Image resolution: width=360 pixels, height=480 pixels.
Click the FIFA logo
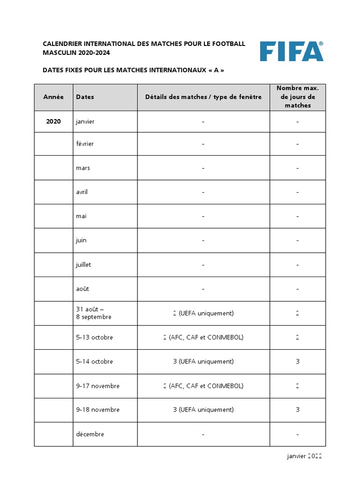tap(292, 51)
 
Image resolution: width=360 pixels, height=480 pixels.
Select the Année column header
tap(53, 97)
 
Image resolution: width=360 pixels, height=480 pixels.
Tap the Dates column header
tap(85, 97)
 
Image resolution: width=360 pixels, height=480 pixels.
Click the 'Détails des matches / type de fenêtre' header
tap(203, 97)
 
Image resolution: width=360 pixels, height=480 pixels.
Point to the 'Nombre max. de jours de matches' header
tap(298, 97)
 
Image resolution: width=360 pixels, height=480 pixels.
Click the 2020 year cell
tap(53, 121)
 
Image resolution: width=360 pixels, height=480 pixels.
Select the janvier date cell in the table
tap(85, 122)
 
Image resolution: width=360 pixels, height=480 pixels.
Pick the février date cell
tap(85, 144)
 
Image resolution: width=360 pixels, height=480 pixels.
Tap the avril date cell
tap(82, 192)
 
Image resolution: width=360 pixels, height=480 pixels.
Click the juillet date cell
tap(83, 265)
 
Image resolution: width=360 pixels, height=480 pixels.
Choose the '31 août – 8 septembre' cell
tap(94, 313)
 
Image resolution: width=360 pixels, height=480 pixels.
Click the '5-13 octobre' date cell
tap(94, 337)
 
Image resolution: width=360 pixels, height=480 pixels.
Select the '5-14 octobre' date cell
tap(94, 362)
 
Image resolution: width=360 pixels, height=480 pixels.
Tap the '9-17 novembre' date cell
tap(97, 386)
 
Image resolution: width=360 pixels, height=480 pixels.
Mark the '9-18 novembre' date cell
tap(97, 410)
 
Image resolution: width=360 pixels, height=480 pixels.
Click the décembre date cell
tap(90, 434)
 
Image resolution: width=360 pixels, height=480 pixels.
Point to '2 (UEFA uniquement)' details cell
tap(203, 313)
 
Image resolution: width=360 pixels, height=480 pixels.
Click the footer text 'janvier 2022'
tap(304, 456)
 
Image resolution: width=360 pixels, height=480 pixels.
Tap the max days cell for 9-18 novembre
tap(298, 410)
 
